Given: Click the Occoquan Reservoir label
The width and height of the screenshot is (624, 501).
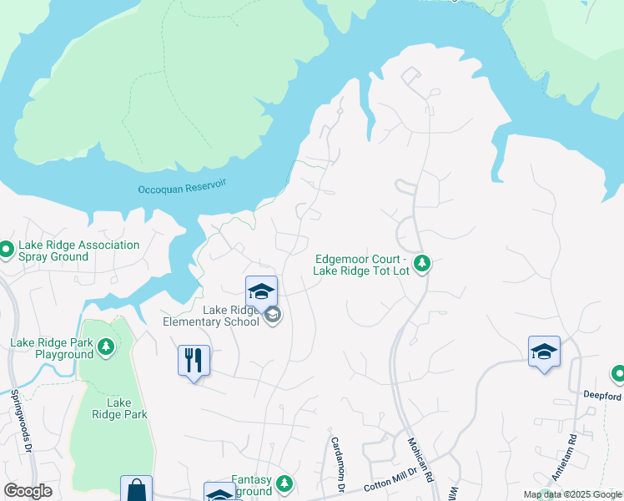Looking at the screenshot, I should pyautogui.click(x=182, y=187).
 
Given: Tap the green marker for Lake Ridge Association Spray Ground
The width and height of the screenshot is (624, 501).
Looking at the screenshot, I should pyautogui.click(x=7, y=250).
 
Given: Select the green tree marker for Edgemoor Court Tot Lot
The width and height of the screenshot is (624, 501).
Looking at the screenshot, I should pyautogui.click(x=423, y=264).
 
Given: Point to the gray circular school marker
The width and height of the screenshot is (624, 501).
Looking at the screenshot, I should pyautogui.click(x=272, y=315).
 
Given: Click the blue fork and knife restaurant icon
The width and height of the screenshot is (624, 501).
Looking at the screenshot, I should pyautogui.click(x=194, y=361).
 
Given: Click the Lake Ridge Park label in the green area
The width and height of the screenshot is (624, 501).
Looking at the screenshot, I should pyautogui.click(x=118, y=408).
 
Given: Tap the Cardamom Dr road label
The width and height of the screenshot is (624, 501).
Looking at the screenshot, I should pyautogui.click(x=338, y=463).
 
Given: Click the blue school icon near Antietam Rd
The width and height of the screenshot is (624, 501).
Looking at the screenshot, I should pyautogui.click(x=543, y=351).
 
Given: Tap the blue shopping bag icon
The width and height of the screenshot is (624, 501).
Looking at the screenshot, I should pyautogui.click(x=136, y=489).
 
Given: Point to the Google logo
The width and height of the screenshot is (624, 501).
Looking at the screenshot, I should pyautogui.click(x=28, y=491).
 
